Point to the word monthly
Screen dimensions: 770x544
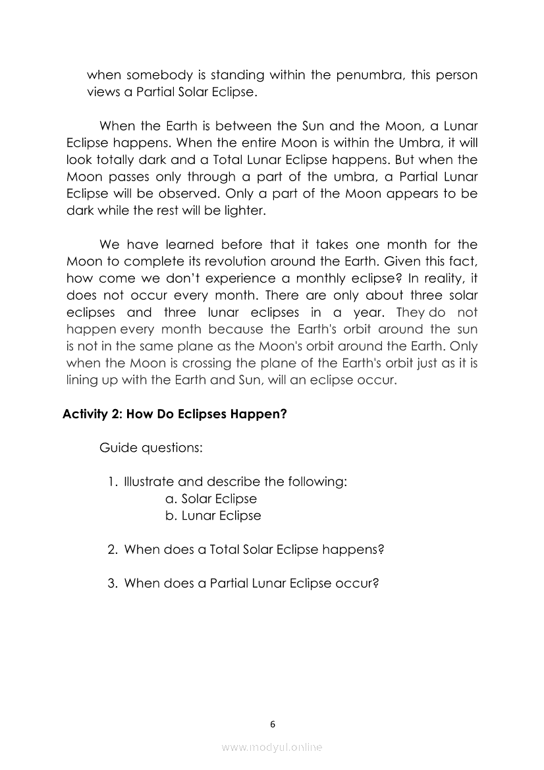click(x=300, y=278)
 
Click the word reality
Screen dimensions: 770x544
click(x=437, y=278)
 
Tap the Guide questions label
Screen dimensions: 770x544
click(x=151, y=448)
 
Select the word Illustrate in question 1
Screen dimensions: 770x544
click(x=150, y=481)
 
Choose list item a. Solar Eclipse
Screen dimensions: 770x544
click(x=211, y=499)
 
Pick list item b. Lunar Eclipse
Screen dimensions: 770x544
click(x=213, y=516)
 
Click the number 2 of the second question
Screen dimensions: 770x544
click(x=112, y=549)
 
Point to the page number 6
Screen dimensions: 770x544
click(x=272, y=725)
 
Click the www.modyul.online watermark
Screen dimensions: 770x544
click(x=272, y=747)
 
